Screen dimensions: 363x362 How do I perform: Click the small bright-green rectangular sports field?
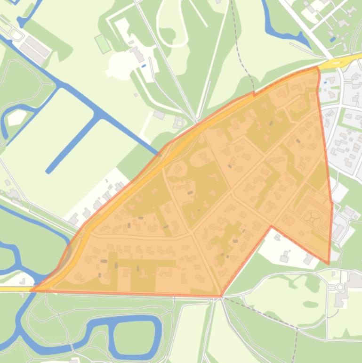[x=103, y=43]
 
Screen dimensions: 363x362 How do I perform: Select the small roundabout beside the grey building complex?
[x=339, y=287]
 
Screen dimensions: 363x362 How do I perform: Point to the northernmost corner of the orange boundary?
[x=316, y=67]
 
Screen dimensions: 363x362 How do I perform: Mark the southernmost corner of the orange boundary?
[x=221, y=296]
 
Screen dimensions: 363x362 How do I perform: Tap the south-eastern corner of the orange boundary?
[x=329, y=264]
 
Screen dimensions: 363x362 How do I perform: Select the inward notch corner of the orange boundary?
[x=272, y=227]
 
